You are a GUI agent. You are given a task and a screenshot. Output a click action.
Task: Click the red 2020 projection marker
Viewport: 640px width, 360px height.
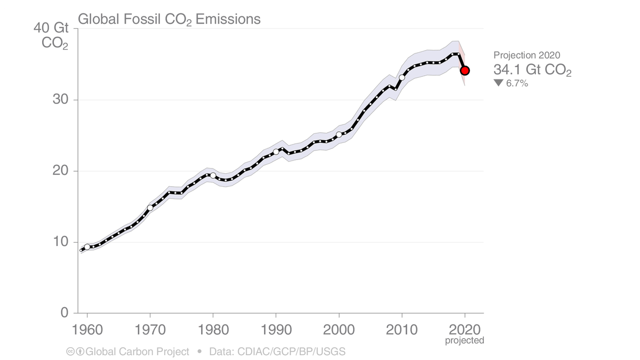(465, 70)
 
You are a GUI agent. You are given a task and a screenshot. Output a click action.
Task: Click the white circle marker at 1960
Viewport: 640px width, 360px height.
(87, 247)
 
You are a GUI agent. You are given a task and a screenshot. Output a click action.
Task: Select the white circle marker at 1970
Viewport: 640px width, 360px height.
(150, 208)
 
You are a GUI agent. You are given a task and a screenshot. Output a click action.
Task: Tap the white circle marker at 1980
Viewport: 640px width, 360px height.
(213, 175)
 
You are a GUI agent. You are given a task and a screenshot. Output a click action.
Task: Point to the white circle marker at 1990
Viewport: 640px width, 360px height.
(276, 152)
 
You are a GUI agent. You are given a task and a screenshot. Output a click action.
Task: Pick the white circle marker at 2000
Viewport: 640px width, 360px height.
(339, 134)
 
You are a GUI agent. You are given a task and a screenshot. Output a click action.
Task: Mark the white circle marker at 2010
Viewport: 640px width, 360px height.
(402, 78)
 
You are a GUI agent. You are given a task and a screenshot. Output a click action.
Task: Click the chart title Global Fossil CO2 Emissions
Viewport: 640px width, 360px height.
(169, 20)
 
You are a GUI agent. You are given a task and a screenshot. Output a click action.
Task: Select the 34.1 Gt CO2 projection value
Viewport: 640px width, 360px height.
(532, 70)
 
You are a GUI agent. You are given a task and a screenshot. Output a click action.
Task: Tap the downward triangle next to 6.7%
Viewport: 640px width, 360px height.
(498, 83)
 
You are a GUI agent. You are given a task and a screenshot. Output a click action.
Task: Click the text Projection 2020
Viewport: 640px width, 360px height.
(526, 55)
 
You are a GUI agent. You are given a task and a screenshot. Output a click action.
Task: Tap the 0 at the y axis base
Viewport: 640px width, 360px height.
(64, 313)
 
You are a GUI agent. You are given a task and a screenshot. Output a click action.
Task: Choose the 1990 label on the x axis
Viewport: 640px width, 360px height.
(276, 328)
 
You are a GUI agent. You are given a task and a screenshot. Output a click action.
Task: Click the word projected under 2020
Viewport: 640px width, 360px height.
(465, 340)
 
